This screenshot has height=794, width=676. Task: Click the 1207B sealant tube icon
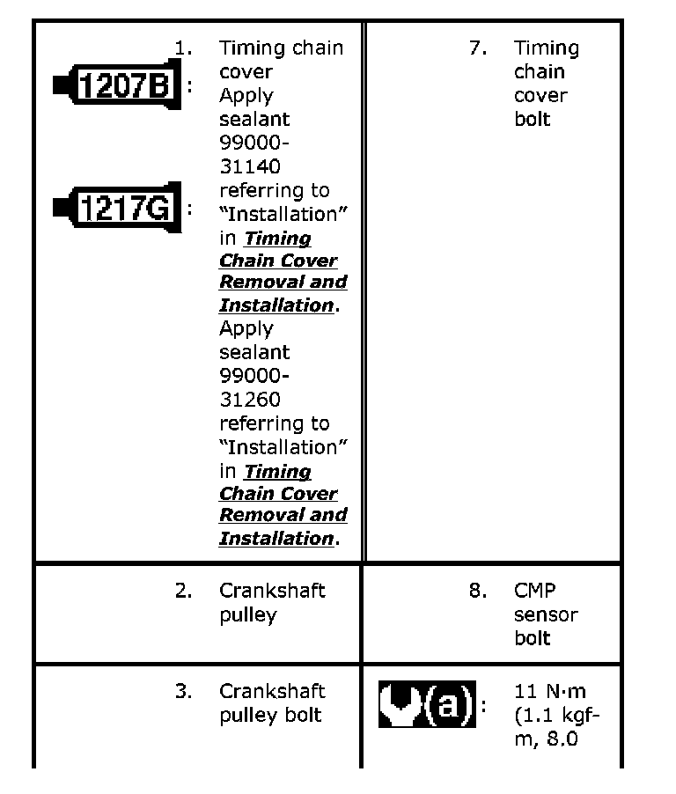pos(117,85)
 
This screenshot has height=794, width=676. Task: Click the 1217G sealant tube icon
pos(117,209)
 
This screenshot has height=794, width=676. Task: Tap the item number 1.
pos(183,48)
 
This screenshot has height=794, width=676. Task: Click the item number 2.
pos(183,591)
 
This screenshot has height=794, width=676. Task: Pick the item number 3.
pos(183,691)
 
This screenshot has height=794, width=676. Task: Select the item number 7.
pos(478,48)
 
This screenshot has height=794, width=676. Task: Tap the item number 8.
pos(478,591)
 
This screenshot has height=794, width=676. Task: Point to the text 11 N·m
pos(549,692)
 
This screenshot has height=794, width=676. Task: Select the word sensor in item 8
pos(546,614)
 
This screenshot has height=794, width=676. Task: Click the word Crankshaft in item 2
pos(272,591)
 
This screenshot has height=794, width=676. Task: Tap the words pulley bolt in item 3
pos(270,715)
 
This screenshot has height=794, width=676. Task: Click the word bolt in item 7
pos(532,119)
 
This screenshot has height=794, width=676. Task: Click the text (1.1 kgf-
pos(556,715)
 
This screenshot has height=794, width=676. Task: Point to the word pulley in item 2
pos(247,614)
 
